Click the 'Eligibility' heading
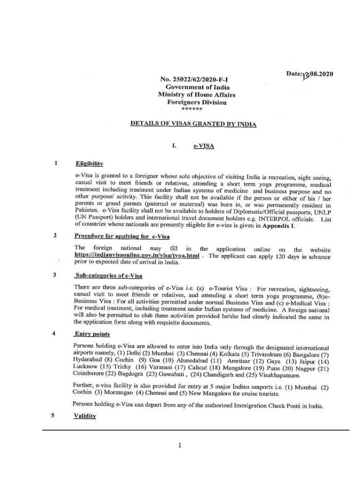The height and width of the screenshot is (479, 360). click(89, 164)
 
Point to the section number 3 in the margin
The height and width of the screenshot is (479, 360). click(55, 275)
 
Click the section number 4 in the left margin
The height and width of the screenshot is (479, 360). click(55, 334)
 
